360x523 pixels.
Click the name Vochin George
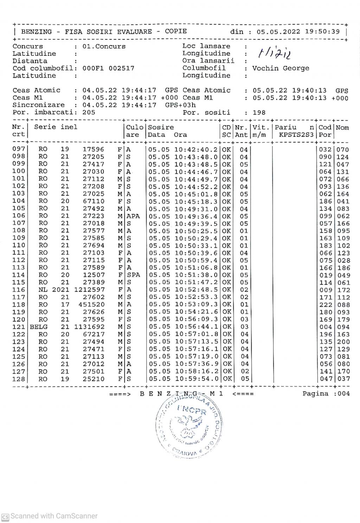(x=281, y=68)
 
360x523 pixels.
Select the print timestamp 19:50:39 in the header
(x=322, y=32)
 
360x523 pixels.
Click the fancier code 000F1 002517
(x=108, y=68)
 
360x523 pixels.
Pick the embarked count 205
(x=89, y=113)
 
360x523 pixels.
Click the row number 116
(x=19, y=290)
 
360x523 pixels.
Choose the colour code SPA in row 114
(x=133, y=275)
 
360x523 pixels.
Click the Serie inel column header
(x=56, y=127)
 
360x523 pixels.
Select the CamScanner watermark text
(x=54, y=516)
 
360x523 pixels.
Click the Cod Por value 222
(x=326, y=305)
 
